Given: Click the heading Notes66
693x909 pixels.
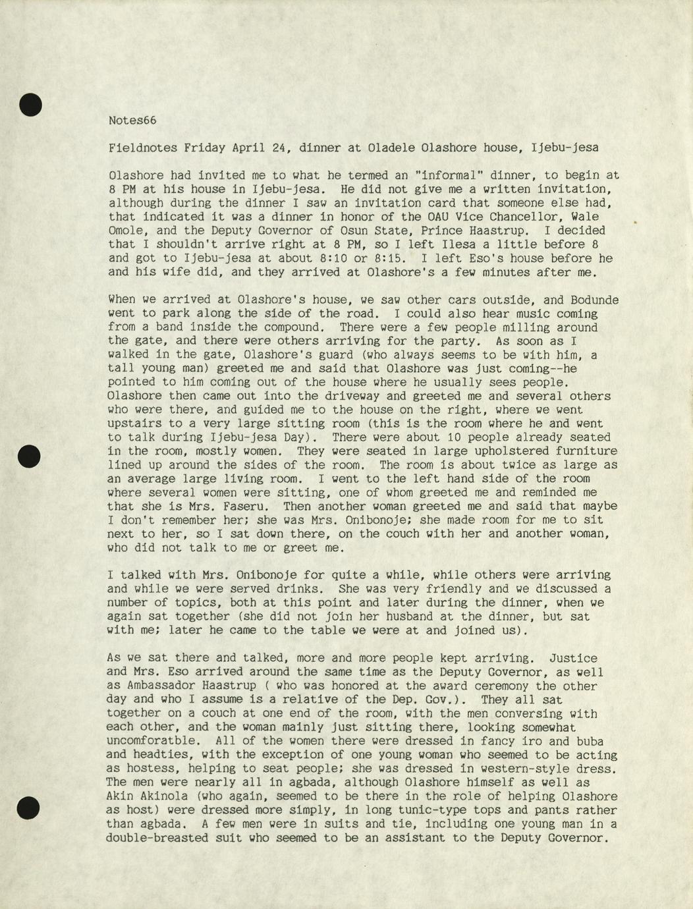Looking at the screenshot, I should (x=132, y=121).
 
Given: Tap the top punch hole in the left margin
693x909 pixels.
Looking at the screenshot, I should (x=30, y=105).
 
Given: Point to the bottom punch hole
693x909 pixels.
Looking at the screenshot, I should (x=30, y=808).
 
